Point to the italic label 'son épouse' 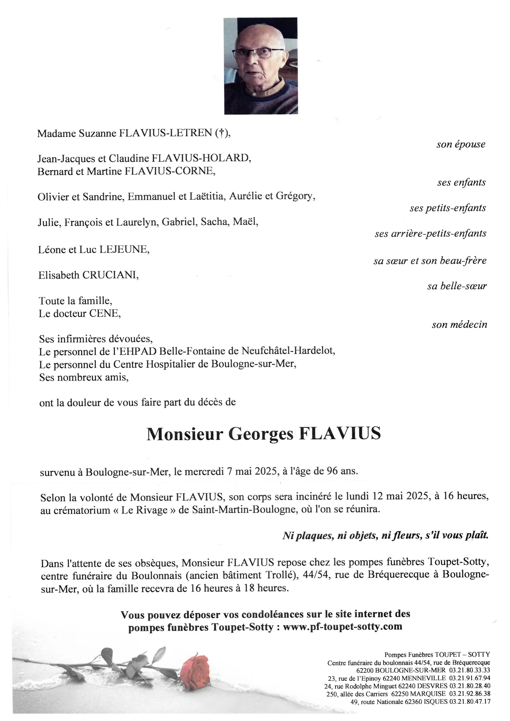(x=461, y=145)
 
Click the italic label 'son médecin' (x=459, y=324)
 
